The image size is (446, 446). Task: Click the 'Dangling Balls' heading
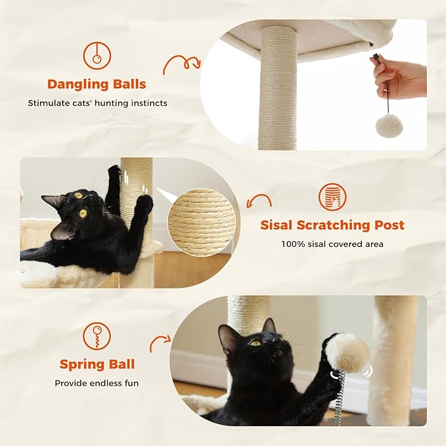pyautogui.click(x=96, y=84)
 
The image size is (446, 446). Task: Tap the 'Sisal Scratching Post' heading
pyautogui.click(x=332, y=225)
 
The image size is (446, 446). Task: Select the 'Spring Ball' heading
pyautogui.click(x=97, y=364)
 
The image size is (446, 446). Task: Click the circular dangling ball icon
pyautogui.click(x=97, y=55)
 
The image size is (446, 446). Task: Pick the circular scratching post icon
pyautogui.click(x=332, y=196)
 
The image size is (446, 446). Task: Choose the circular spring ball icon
pyautogui.click(x=97, y=336)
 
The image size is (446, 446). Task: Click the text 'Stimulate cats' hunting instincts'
pyautogui.click(x=97, y=103)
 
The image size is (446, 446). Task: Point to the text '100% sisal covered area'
pyautogui.click(x=332, y=244)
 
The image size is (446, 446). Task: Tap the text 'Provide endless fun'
pyautogui.click(x=97, y=383)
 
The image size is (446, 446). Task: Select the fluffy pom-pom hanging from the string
pyautogui.click(x=388, y=125)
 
